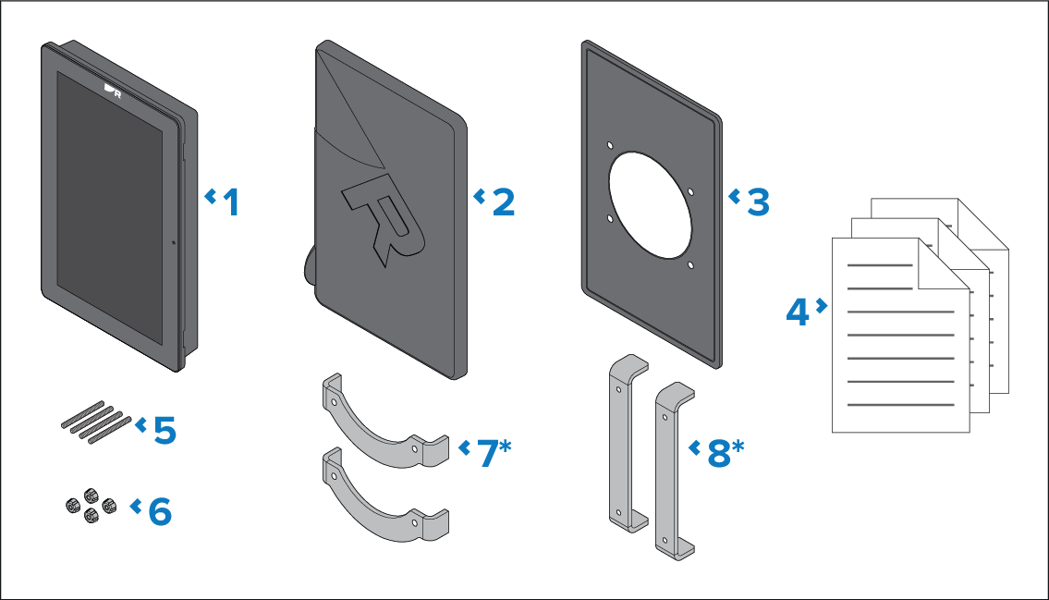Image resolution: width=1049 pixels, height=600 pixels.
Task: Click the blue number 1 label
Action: coord(231,202)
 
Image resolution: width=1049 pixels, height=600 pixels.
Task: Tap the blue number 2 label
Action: coord(504,202)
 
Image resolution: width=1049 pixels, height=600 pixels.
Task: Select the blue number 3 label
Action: coord(759,202)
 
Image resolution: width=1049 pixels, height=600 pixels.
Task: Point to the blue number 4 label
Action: coord(798,312)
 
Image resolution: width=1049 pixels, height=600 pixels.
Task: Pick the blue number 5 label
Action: coord(165,430)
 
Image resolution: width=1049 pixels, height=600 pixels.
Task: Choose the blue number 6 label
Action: coord(160,511)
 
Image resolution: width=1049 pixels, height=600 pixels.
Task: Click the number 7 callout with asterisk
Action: coord(494,453)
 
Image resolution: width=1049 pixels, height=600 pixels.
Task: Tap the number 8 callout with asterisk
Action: coord(726,453)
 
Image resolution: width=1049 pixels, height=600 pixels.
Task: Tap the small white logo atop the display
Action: coord(113,91)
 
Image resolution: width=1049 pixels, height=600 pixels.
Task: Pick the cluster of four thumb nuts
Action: coord(91,506)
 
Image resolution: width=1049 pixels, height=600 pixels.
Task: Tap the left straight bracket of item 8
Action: coord(620,443)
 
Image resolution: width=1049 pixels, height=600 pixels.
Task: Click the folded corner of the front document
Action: coord(944,265)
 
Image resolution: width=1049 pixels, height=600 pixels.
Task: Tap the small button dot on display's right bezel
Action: coord(174,242)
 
